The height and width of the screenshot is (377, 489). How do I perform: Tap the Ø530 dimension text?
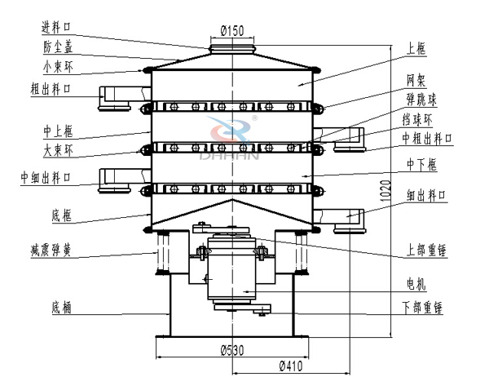232,350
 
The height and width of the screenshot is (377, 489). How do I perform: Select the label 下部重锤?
427,308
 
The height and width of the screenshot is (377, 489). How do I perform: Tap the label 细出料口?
427,196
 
